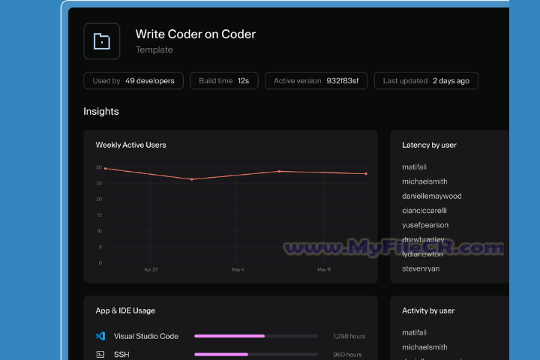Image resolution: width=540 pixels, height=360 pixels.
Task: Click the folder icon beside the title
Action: click(x=101, y=41)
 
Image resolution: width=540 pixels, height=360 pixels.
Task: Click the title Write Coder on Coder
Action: click(x=195, y=34)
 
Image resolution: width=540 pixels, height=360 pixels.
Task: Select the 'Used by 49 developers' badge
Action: click(x=133, y=81)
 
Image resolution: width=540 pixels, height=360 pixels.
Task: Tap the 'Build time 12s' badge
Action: click(x=223, y=81)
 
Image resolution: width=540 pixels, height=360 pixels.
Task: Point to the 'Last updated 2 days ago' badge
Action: click(x=426, y=81)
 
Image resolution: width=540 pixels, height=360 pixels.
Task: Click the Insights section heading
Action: click(x=101, y=112)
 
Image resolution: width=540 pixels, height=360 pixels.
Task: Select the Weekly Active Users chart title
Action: click(x=130, y=145)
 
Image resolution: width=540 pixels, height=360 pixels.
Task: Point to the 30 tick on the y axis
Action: click(x=99, y=167)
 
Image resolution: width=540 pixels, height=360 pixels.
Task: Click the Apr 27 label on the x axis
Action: click(x=151, y=269)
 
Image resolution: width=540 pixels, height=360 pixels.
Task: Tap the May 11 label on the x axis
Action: click(x=323, y=269)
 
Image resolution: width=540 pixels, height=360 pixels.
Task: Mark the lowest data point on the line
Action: click(x=192, y=179)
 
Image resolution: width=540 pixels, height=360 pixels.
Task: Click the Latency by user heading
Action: click(x=429, y=145)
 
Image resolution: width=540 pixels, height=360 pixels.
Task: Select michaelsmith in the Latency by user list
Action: click(x=424, y=181)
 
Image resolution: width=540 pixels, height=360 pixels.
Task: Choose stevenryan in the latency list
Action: click(x=421, y=268)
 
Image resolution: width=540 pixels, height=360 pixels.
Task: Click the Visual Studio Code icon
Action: click(x=100, y=336)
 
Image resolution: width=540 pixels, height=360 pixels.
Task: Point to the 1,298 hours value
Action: click(x=348, y=337)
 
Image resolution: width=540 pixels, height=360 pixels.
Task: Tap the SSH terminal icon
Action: click(x=100, y=354)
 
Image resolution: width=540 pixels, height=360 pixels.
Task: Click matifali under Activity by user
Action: click(x=414, y=333)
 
